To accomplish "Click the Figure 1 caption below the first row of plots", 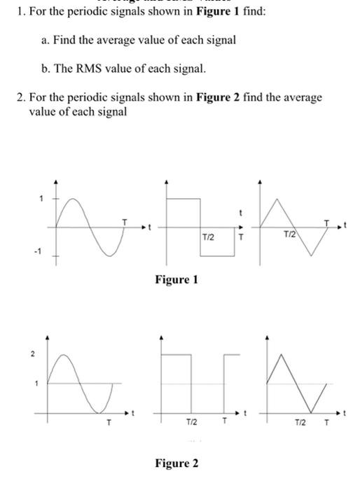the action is [176, 280].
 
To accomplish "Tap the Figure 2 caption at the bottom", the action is [176, 463].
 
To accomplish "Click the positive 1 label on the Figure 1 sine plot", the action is [41, 199].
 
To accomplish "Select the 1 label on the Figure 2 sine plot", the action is [40, 382].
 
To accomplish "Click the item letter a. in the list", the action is [46, 40].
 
